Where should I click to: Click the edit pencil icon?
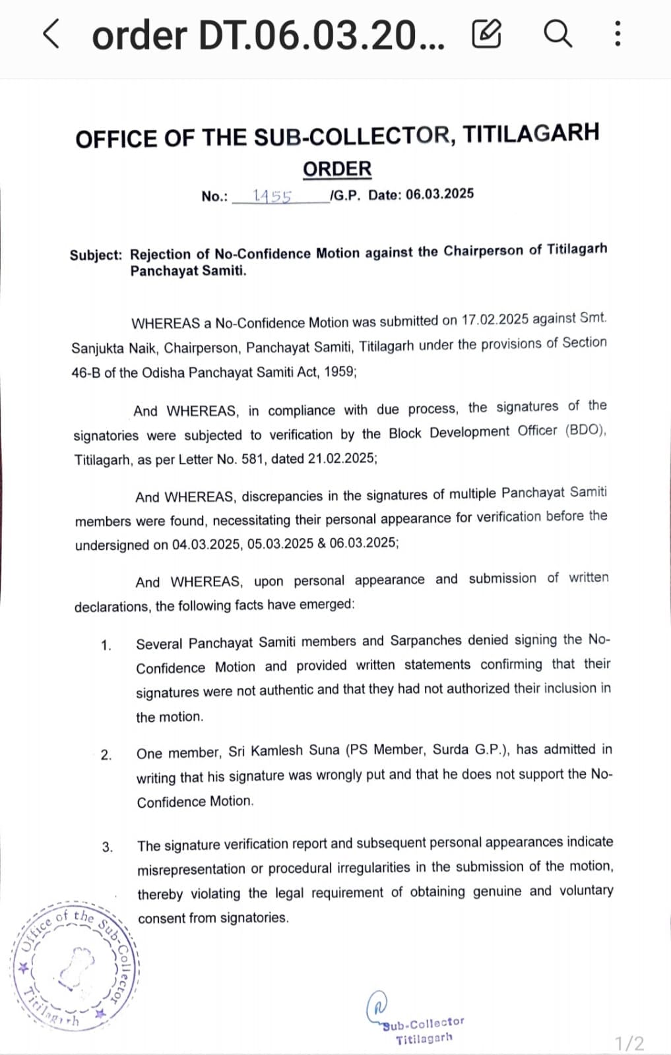coord(486,34)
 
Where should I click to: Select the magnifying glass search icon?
coord(558,34)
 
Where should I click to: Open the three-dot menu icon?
coord(617,34)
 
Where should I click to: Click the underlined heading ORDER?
coord(337,169)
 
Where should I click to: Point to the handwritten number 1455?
coord(272,196)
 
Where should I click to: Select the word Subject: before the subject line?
coord(96,255)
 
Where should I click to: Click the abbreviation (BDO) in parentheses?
coord(585,431)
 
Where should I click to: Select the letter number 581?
coord(253,459)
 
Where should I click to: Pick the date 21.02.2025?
coord(342,458)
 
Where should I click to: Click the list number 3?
coord(108,847)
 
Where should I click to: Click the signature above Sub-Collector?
coord(377,1006)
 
